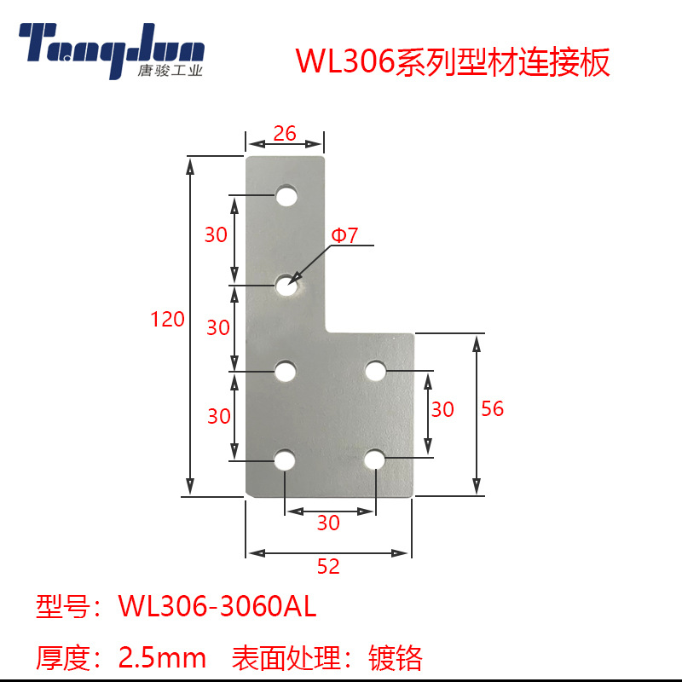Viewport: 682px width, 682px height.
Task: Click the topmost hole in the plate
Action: [x=286, y=197]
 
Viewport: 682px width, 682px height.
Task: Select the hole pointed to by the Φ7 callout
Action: [x=286, y=286]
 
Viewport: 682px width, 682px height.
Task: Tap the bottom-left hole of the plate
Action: [x=285, y=460]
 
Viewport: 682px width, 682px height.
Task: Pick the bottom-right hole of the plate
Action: [x=375, y=459]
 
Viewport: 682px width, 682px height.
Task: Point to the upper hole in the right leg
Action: [x=375, y=371]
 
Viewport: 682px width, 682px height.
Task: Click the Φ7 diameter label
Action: [x=344, y=235]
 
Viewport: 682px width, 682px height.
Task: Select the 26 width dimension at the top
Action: [x=285, y=133]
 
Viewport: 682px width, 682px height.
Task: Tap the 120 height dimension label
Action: [x=167, y=320]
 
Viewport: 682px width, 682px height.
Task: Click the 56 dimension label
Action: [x=492, y=409]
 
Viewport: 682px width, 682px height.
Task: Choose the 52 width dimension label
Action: [x=328, y=567]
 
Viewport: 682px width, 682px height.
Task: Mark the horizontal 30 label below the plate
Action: [x=328, y=523]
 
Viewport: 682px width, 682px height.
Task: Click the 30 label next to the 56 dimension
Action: [x=442, y=410]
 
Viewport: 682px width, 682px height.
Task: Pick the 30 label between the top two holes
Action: [x=217, y=234]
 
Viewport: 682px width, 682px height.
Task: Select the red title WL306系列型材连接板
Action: [x=452, y=63]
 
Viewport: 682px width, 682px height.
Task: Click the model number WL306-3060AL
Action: [x=217, y=607]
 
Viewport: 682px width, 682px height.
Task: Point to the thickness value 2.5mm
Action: [x=162, y=657]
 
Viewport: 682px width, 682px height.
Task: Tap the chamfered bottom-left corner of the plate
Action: [x=249, y=492]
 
